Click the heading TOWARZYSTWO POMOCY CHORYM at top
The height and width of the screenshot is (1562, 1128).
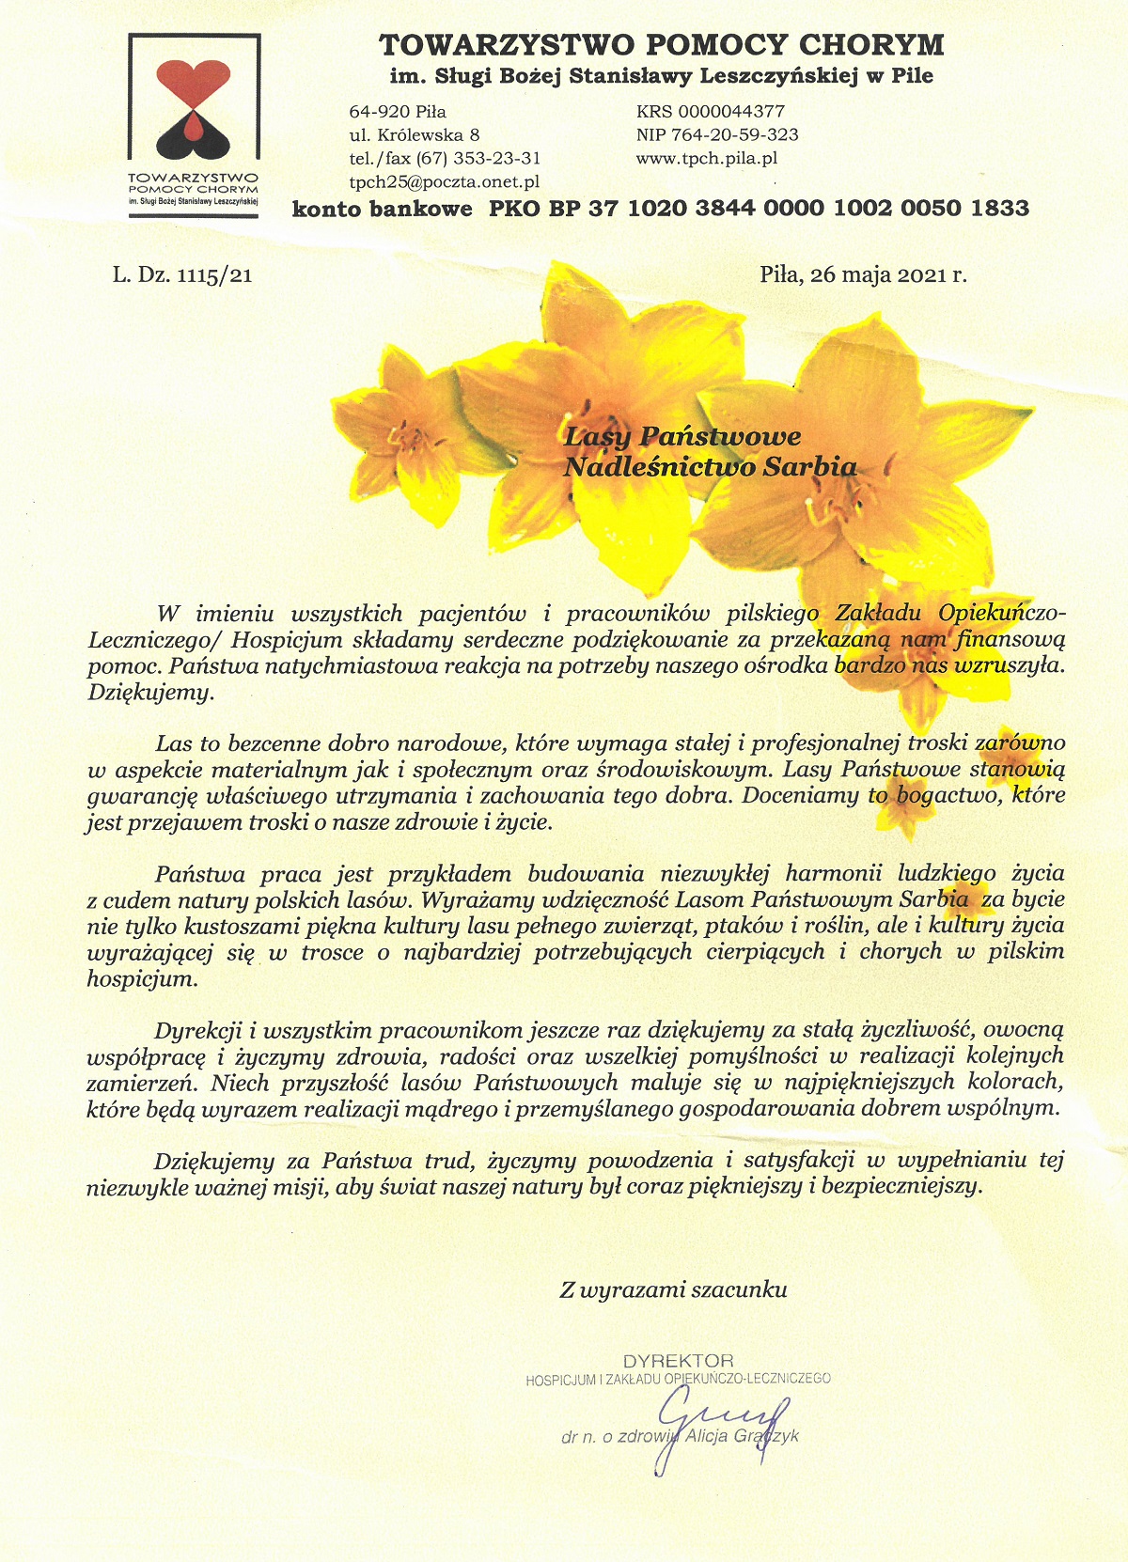(x=661, y=44)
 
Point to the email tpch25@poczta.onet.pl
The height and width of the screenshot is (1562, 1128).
(x=444, y=182)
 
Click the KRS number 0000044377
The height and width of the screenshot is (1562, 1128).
(x=711, y=112)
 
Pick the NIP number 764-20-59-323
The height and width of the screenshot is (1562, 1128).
(x=717, y=135)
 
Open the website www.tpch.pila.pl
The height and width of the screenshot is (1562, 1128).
(x=706, y=159)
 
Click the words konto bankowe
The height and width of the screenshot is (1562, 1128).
(x=383, y=209)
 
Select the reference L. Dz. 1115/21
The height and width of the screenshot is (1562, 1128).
(x=182, y=275)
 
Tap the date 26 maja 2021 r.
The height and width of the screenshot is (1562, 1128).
(x=863, y=275)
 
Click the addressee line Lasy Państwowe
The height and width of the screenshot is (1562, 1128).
(x=682, y=436)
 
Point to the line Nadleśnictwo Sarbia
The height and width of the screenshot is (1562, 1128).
(x=710, y=466)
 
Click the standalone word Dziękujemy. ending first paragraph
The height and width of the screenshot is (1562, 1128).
(x=151, y=694)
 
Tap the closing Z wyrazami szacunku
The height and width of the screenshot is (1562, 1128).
(x=673, y=1290)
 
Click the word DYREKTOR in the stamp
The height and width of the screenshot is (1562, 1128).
(x=678, y=1361)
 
